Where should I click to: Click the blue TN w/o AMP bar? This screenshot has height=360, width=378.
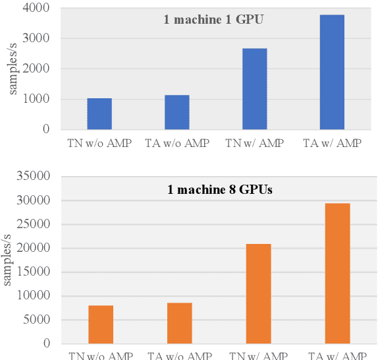click(99, 114)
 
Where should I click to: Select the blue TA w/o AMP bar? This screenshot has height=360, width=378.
click(176, 113)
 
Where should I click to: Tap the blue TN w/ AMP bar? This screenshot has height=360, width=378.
click(254, 89)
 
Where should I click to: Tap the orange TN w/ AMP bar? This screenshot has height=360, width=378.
click(258, 293)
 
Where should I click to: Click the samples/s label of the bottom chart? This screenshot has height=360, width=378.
click(8, 260)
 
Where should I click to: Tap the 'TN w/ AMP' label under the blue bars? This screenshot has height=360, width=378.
click(254, 142)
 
